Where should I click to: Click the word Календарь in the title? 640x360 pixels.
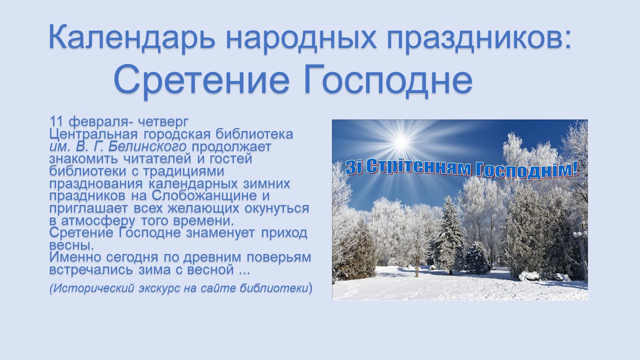[131, 37]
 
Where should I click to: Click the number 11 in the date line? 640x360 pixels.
[56, 121]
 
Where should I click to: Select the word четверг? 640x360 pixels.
[163, 122]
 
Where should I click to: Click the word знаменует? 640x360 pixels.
[220, 232]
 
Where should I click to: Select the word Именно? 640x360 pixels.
[75, 257]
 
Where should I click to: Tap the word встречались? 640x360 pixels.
[91, 269]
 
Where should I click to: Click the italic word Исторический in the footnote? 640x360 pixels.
[93, 288]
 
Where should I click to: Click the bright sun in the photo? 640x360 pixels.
[401, 142]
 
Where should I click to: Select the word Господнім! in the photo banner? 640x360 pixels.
[527, 171]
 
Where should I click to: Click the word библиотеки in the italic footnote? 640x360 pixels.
[273, 288]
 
